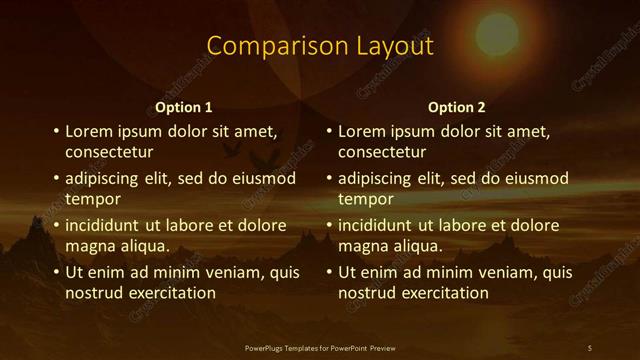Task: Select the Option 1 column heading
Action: [184, 107]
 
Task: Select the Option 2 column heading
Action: [457, 107]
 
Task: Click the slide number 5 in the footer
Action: [590, 348]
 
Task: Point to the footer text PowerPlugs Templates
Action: [286, 348]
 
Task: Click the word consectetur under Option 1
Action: [109, 153]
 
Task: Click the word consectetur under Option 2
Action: [382, 153]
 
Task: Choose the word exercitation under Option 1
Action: [170, 293]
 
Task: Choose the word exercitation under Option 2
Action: [443, 293]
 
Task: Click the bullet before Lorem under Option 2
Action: [329, 131]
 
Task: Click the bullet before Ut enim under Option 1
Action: [56, 272]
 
